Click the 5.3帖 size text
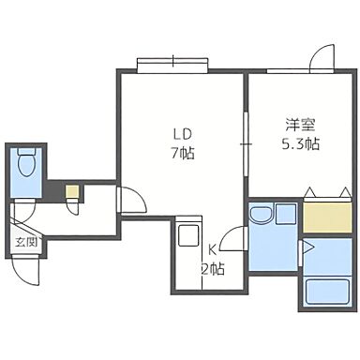[x=301, y=144]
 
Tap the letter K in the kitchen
[x=213, y=250]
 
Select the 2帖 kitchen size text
[x=214, y=269]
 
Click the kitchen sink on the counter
[x=187, y=233]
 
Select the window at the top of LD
[x=174, y=65]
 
